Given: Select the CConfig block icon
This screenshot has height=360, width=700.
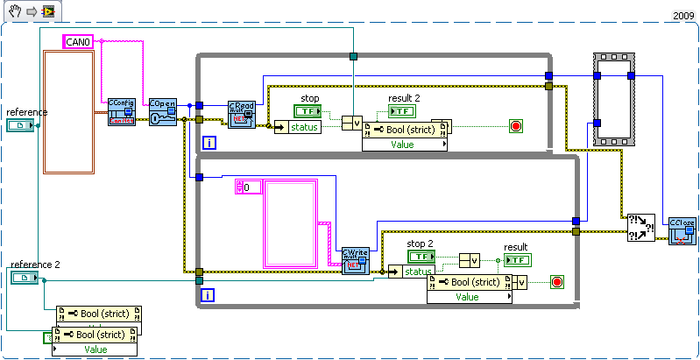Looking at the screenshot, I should pos(122,111).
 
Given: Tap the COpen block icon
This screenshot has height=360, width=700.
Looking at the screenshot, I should pos(163,111).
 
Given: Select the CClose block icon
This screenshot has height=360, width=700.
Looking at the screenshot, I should pos(682,230).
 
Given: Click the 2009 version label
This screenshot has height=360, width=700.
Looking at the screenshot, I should pos(683,16).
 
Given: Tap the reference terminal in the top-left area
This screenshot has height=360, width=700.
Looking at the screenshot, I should pos(18,126).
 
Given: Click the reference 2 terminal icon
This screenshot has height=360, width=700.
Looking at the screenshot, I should pos(24,278).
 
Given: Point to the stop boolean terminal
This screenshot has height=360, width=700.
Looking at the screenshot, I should pos(308,111).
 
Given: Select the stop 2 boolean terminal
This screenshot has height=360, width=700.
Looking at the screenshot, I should pos(421,257).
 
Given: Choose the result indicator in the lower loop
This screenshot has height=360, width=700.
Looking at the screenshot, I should pos(517,260).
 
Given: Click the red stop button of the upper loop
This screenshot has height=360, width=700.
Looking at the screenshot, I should pos(515,126).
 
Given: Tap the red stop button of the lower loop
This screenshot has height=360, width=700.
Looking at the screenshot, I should pos(556,281).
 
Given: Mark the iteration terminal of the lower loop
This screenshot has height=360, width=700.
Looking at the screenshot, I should pos(209,296).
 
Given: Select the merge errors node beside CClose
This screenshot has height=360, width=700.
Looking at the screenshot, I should pos(638,229).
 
